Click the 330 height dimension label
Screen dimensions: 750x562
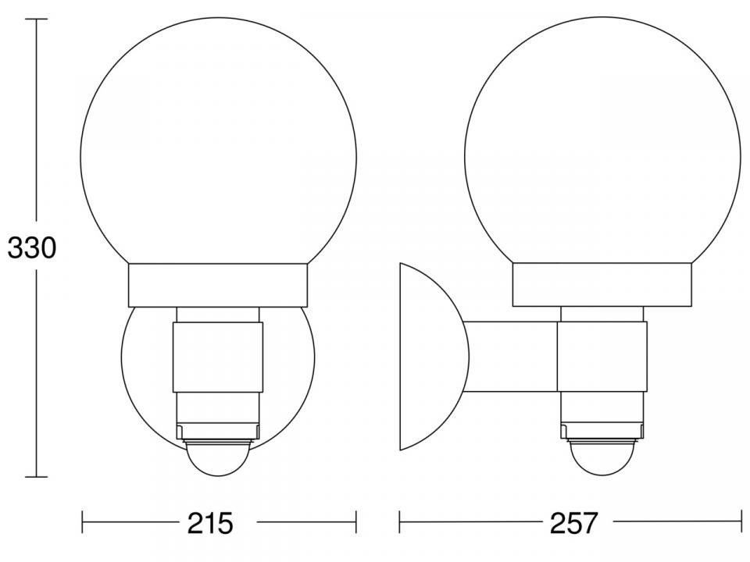tap(32, 248)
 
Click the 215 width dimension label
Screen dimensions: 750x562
tap(210, 523)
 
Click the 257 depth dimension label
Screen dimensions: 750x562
tap(574, 523)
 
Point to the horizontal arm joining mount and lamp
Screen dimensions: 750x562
tap(511, 357)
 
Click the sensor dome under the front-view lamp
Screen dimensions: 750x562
tap(219, 457)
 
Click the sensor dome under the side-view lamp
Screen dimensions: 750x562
tap(602, 457)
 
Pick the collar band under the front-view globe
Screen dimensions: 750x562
tap(218, 286)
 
